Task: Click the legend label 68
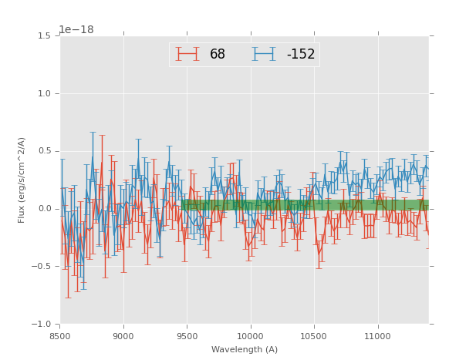(218, 55)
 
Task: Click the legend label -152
(301, 55)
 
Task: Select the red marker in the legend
(187, 54)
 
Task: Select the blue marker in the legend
(264, 54)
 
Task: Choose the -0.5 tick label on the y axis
(41, 267)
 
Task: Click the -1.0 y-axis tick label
(41, 325)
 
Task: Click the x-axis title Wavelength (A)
(245, 350)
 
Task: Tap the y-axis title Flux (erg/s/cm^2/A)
(22, 180)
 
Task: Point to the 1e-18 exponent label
(76, 30)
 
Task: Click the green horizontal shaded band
(305, 205)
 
